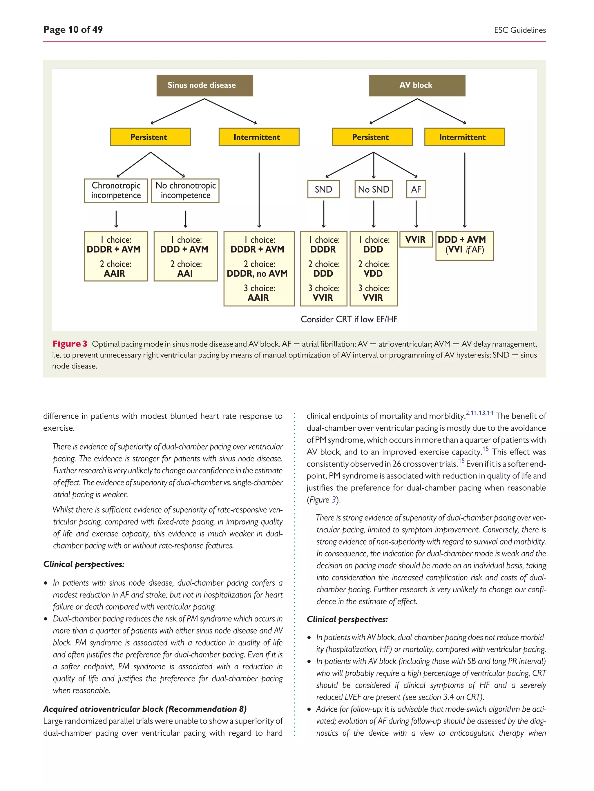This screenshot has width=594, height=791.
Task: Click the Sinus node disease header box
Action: [x=204, y=85]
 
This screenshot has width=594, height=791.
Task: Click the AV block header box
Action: [x=417, y=85]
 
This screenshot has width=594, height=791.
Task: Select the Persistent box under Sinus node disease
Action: [x=150, y=137]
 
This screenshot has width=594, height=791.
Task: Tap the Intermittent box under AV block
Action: [x=464, y=137]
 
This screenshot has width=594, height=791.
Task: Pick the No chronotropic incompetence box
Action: [x=185, y=191]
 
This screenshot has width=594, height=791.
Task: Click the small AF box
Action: [x=416, y=189]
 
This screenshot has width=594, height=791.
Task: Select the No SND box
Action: [x=374, y=189]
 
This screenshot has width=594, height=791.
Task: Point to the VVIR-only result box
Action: [x=416, y=240]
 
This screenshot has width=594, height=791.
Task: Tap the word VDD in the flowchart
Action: [x=373, y=273]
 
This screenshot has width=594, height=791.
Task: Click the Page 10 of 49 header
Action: [x=73, y=30]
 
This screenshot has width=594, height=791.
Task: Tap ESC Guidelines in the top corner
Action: [x=519, y=30]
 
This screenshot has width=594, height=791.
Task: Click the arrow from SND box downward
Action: [x=324, y=214]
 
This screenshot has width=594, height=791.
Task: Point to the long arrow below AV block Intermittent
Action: [x=465, y=189]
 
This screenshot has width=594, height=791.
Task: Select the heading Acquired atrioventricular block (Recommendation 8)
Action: [x=145, y=709]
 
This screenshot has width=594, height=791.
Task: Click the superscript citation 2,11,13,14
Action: [x=479, y=413]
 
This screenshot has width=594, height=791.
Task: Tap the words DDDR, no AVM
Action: [x=257, y=273]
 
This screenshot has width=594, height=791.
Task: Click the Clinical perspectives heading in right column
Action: [x=347, y=619]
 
